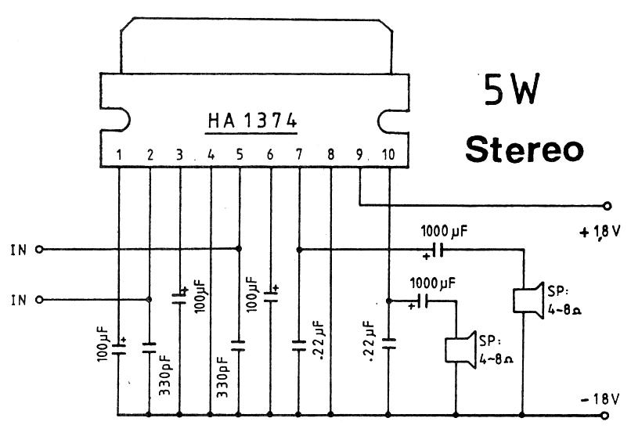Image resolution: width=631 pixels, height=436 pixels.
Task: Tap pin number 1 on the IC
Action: (119, 155)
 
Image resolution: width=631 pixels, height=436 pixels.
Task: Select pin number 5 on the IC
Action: (240, 155)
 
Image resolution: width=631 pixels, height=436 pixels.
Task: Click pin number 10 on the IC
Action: (388, 155)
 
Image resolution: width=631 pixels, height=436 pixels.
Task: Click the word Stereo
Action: (525, 148)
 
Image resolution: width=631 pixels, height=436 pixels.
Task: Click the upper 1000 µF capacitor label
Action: (445, 232)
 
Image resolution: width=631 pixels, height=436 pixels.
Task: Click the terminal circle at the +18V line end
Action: (608, 206)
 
